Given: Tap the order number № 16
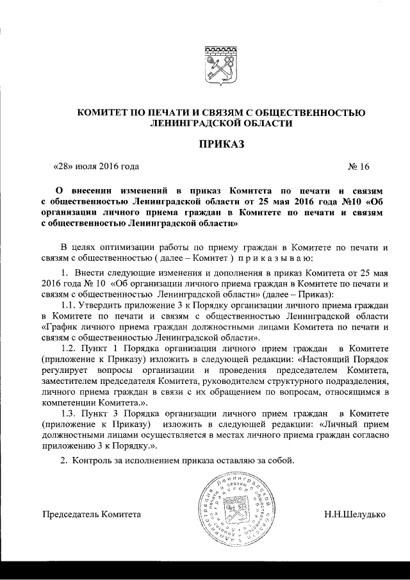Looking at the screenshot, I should coord(359,168).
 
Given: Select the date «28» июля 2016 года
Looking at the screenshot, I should coord(96,168).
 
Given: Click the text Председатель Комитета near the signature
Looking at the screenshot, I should coord(91,515).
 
